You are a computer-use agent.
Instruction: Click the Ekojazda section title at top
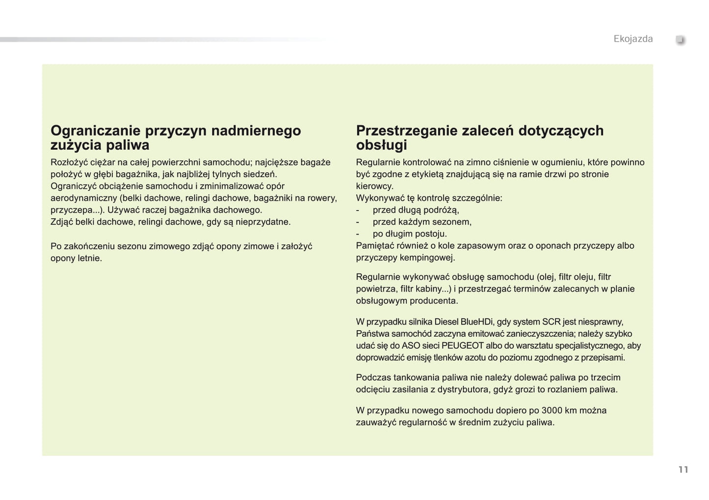(x=633, y=39)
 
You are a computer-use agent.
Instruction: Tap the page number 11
(x=683, y=470)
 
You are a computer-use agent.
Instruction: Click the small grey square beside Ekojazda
(x=681, y=40)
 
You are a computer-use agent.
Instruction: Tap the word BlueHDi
(x=477, y=322)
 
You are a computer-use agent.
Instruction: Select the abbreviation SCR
(x=551, y=322)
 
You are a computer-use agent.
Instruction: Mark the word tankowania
(x=419, y=378)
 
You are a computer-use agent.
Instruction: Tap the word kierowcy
(x=374, y=186)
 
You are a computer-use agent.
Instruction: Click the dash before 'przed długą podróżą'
(x=358, y=210)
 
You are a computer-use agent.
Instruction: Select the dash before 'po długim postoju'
(x=358, y=234)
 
